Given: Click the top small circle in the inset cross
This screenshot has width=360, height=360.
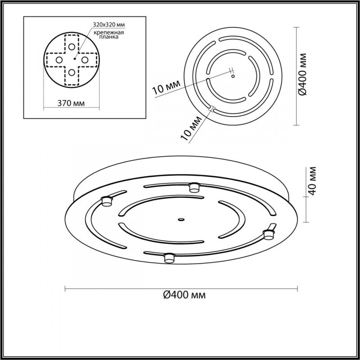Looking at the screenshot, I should (72, 46).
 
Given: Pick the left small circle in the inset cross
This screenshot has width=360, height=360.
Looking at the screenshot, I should (58, 59).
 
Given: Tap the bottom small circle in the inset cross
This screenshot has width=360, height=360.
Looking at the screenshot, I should (72, 72).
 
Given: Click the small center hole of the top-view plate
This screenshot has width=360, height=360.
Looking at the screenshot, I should (232, 76).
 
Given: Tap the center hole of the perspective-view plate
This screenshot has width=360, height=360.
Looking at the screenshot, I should (181, 220).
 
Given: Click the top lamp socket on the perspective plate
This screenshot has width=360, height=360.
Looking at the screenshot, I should (194, 186).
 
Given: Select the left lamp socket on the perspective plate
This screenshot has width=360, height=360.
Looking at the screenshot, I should (107, 201).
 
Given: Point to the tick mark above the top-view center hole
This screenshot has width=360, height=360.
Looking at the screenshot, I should (232, 70).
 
